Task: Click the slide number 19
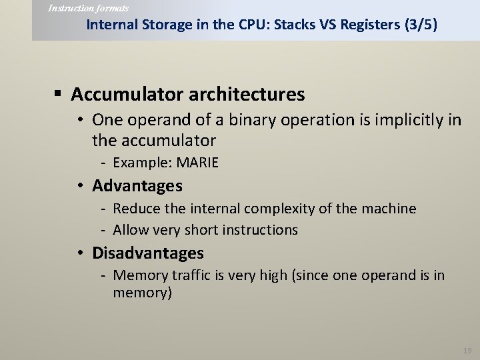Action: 467,350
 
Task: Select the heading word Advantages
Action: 137,185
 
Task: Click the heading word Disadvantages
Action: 148,253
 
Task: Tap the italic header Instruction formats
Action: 89,8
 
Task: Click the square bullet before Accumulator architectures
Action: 60,94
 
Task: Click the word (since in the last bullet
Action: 311,275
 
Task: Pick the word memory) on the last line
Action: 143,293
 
